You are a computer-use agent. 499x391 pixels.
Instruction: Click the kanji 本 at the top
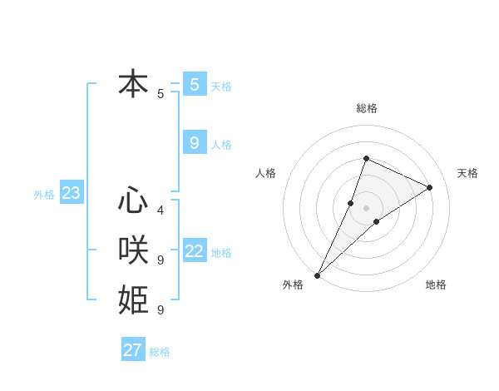pyautogui.click(x=134, y=84)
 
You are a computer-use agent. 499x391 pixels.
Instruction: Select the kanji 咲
pyautogui.click(x=134, y=250)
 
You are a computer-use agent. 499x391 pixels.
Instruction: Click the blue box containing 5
pyautogui.click(x=195, y=84)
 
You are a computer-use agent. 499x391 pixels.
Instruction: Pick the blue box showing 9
pyautogui.click(x=195, y=143)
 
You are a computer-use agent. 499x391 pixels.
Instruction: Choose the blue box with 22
pyautogui.click(x=195, y=251)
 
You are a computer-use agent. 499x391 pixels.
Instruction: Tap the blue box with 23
pyautogui.click(x=72, y=194)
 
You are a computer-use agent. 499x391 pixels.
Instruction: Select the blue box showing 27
pyautogui.click(x=133, y=350)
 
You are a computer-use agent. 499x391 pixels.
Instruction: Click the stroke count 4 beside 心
pyautogui.click(x=161, y=210)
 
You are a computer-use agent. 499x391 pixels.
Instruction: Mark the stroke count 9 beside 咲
pyautogui.click(x=161, y=260)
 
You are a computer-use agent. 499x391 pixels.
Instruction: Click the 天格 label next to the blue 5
pyautogui.click(x=221, y=86)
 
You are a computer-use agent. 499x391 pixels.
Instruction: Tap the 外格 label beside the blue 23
pyautogui.click(x=44, y=195)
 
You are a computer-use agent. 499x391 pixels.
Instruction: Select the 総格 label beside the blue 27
pyautogui.click(x=160, y=352)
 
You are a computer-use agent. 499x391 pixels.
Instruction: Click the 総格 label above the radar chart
pyautogui.click(x=367, y=109)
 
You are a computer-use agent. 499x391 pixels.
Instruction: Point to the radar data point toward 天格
pyautogui.click(x=430, y=187)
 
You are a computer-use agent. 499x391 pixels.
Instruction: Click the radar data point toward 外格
pyautogui.click(x=318, y=275)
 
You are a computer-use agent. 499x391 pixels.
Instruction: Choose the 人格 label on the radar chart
pyautogui.click(x=265, y=173)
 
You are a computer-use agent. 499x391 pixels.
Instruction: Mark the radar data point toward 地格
pyautogui.click(x=377, y=220)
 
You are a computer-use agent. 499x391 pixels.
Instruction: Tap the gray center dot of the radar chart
pyautogui.click(x=366, y=208)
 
